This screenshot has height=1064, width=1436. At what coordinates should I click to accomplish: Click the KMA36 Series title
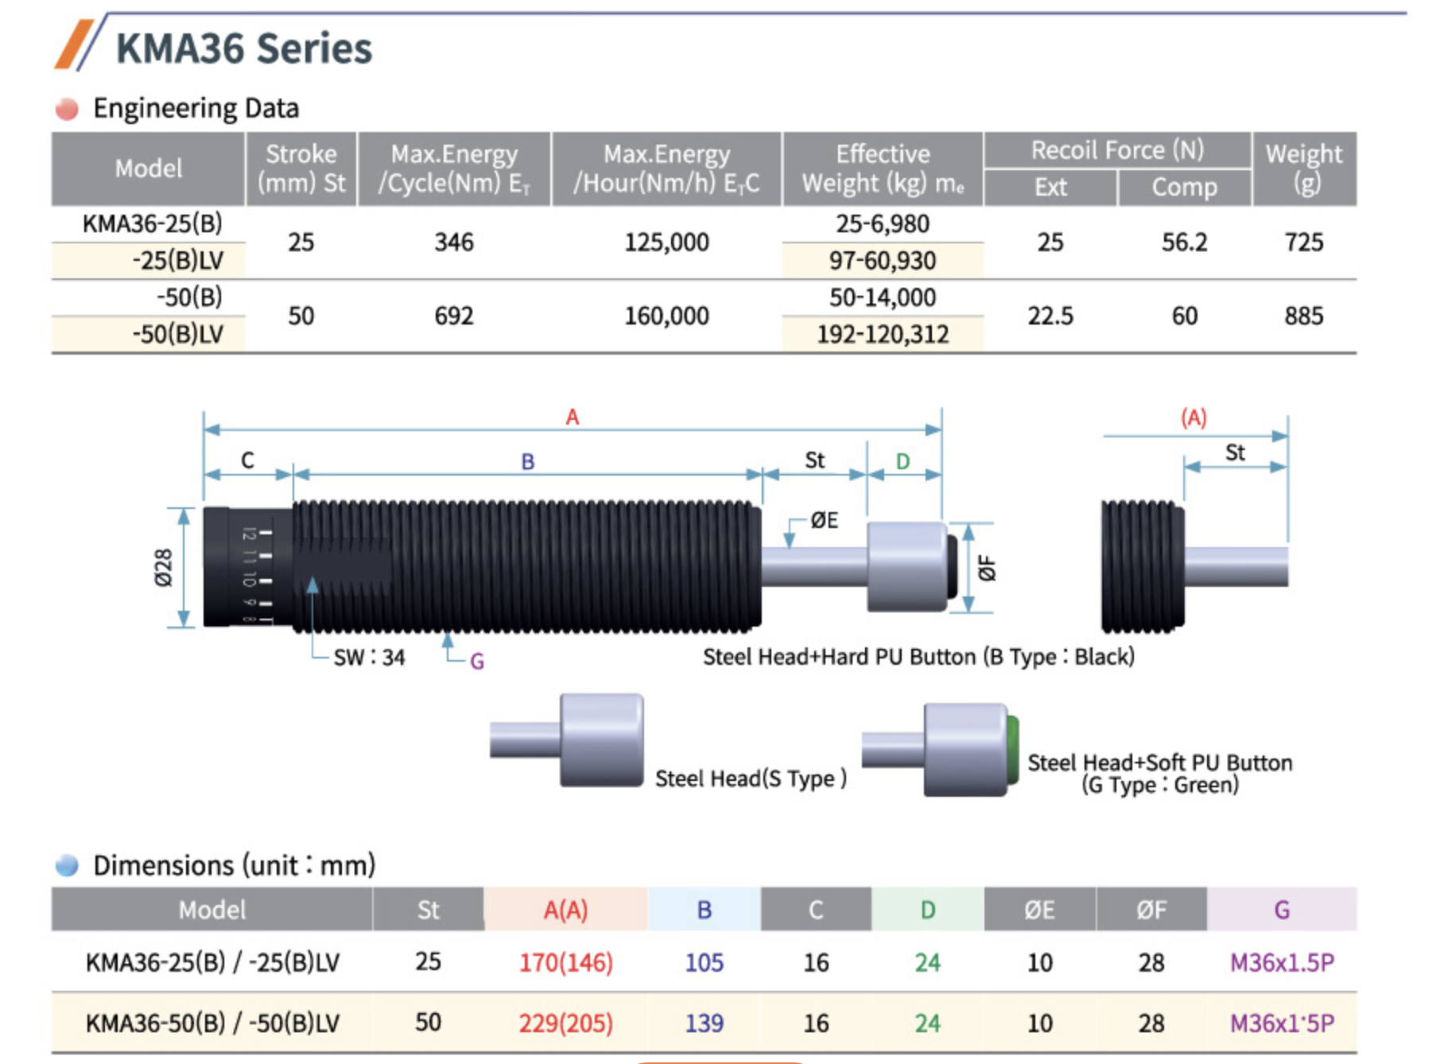pyautogui.click(x=244, y=49)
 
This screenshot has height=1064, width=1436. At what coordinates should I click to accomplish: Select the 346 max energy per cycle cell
pyautogui.click(x=454, y=242)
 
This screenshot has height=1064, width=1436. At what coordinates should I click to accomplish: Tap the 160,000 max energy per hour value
pyautogui.click(x=666, y=316)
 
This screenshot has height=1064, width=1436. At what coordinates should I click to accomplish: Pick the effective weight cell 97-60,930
pyautogui.click(x=883, y=260)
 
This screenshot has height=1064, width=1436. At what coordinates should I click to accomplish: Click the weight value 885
pyautogui.click(x=1304, y=316)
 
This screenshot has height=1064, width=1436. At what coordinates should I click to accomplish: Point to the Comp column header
pyautogui.click(x=1185, y=187)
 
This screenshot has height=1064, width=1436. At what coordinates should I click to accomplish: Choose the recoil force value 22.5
pyautogui.click(x=1050, y=316)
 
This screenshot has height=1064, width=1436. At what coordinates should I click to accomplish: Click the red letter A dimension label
pyautogui.click(x=572, y=417)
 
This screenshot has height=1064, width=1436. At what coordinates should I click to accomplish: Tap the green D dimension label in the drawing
pyautogui.click(x=903, y=461)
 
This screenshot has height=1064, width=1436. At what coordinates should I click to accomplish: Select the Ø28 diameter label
pyautogui.click(x=163, y=568)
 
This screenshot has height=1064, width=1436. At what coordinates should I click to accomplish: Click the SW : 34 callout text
pyautogui.click(x=370, y=658)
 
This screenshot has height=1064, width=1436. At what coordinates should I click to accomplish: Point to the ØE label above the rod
pyautogui.click(x=824, y=521)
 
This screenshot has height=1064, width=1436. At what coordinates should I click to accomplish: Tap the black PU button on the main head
pyautogui.click(x=952, y=566)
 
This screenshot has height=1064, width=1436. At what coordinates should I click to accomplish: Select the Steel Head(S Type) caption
pyautogui.click(x=751, y=779)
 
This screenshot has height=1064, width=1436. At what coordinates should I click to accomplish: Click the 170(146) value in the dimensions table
pyautogui.click(x=566, y=962)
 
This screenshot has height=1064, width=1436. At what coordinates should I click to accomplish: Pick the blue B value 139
pyautogui.click(x=704, y=1023)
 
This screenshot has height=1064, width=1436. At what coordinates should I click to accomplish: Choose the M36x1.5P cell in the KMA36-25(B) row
pyautogui.click(x=1282, y=962)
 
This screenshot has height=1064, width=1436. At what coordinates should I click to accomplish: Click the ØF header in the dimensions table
pyautogui.click(x=1151, y=910)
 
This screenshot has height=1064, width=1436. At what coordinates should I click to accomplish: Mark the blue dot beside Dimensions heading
pyautogui.click(x=67, y=865)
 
